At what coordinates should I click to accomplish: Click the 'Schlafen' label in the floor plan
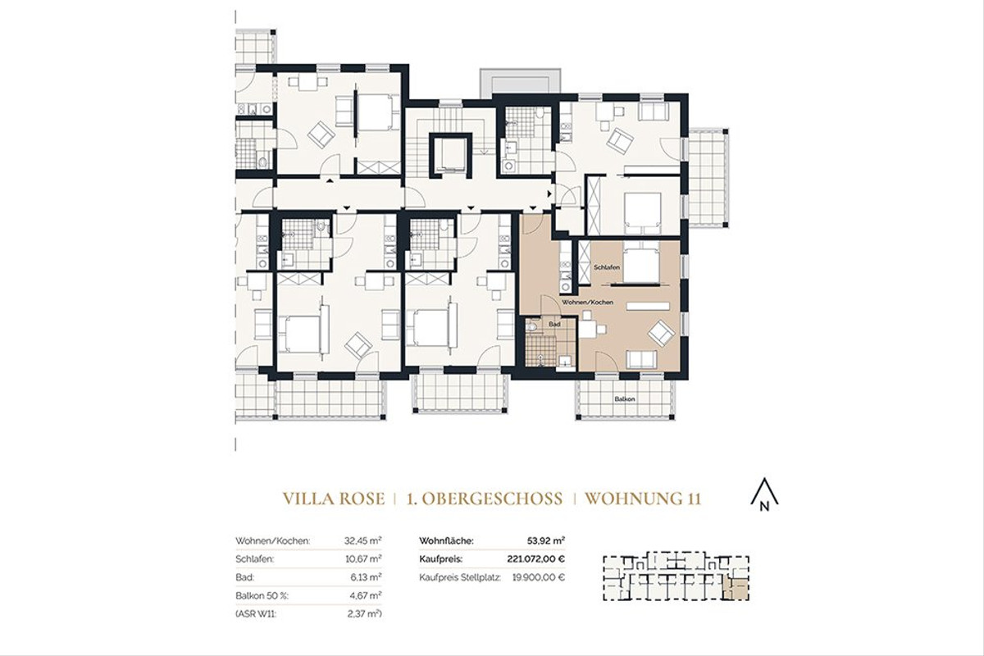point(608,268)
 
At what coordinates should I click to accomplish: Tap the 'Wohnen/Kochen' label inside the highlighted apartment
point(588,303)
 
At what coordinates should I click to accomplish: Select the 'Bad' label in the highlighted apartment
point(553,325)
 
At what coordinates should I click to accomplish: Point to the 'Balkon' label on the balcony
point(625,399)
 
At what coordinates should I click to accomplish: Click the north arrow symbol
point(764,494)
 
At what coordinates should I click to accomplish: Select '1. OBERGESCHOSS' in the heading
point(484,499)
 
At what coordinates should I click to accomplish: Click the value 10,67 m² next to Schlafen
point(366,559)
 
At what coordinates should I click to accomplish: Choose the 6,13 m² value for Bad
point(368,577)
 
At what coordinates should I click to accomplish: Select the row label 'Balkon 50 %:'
point(260,595)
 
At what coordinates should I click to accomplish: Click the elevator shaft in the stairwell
point(451,153)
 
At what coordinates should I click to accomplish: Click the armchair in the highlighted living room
point(660,332)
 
